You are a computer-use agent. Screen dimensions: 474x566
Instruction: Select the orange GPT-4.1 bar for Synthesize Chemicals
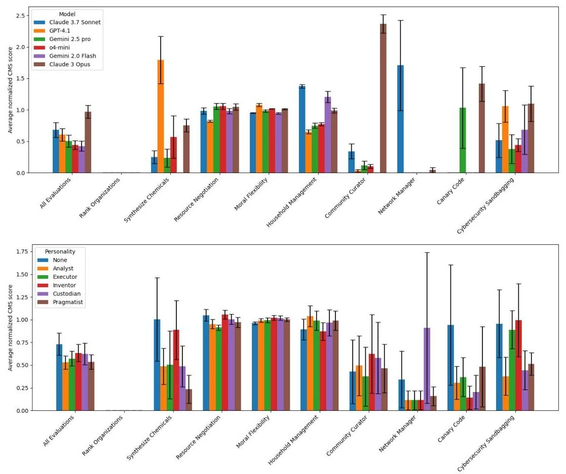(x=161, y=116)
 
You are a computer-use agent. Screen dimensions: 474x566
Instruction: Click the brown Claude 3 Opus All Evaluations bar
(x=88, y=142)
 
